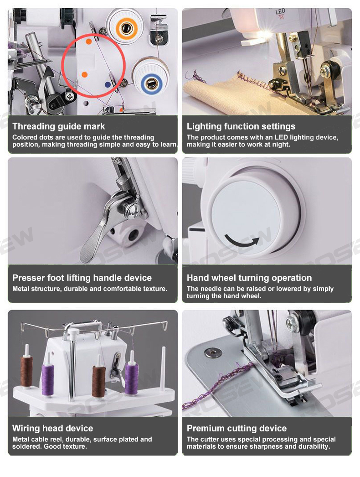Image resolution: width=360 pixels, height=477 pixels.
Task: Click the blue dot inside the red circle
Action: pyautogui.click(x=108, y=84)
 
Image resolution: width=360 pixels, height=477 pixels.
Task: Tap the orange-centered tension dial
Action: pyautogui.click(x=125, y=28)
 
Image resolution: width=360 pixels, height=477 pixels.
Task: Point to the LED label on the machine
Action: pyautogui.click(x=280, y=12)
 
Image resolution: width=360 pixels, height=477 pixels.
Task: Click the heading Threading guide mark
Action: pyautogui.click(x=58, y=126)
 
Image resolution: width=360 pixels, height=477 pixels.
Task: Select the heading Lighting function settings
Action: pyautogui.click(x=241, y=126)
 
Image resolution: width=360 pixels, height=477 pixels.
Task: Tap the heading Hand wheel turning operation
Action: pyautogui.click(x=249, y=278)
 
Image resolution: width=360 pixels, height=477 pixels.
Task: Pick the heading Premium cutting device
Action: pyautogui.click(x=237, y=428)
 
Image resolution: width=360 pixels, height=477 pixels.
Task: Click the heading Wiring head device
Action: pyautogui.click(x=52, y=428)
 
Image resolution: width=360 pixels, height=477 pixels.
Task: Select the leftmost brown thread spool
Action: pyautogui.click(x=26, y=372)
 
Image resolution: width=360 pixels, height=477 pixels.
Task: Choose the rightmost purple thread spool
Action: pyautogui.click(x=132, y=379)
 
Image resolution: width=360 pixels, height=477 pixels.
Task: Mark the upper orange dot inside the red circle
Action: pyautogui.click(x=89, y=41)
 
